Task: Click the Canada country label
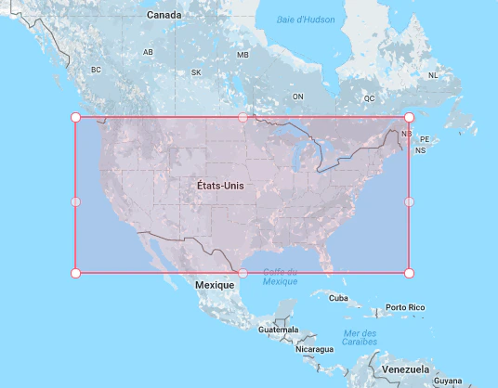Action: pos(164,16)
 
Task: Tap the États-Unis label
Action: pos(221,186)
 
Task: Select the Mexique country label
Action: pos(215,285)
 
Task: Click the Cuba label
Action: pos(338,298)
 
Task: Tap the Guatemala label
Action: pos(279,330)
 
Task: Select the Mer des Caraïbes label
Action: pos(358,338)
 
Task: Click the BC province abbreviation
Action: pos(95,70)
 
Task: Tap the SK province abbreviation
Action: pos(196,72)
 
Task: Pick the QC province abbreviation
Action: pos(369,97)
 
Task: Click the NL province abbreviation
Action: pos(433,76)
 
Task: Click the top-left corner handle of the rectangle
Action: pos(76,117)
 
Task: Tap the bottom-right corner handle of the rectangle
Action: pos(409,273)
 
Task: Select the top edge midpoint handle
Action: pos(243,117)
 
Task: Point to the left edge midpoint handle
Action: pos(76,200)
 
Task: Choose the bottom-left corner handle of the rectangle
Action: pos(76,273)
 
